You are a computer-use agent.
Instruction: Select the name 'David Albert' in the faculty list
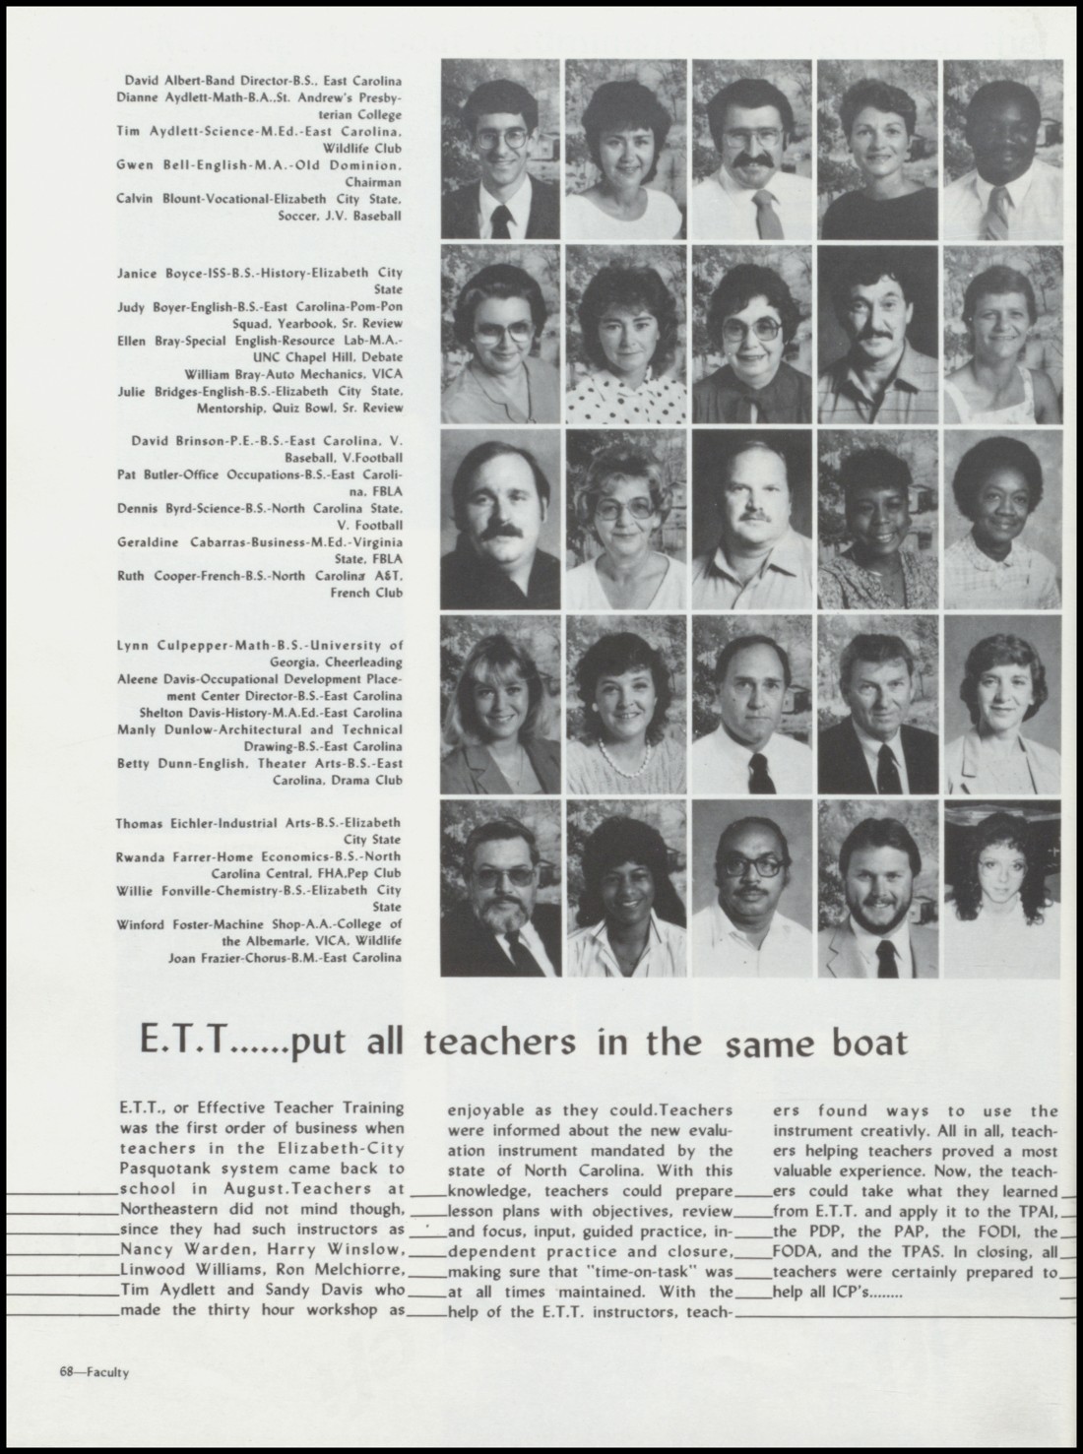[158, 80]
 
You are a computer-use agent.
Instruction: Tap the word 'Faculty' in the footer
[107, 1372]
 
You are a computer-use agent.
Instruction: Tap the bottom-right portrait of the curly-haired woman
[1002, 889]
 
